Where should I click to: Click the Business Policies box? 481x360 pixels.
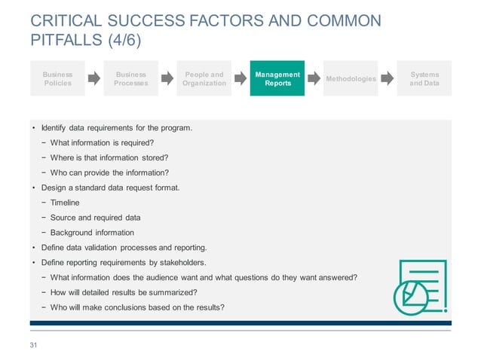(x=57, y=78)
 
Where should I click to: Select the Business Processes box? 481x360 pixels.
(x=130, y=78)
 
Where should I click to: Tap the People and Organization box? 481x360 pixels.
(x=204, y=78)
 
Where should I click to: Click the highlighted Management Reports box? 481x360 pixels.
(x=277, y=78)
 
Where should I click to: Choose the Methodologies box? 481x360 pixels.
(x=351, y=78)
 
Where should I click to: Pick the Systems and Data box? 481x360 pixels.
(x=424, y=78)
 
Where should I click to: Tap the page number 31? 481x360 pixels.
(x=32, y=345)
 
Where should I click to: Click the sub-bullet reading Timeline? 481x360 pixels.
(x=64, y=203)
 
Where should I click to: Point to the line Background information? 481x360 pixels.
(x=92, y=233)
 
